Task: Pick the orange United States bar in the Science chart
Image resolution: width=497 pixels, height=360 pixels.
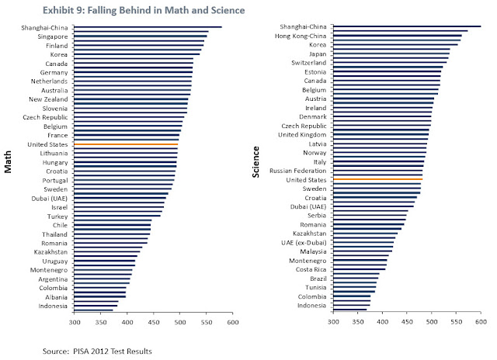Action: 377,179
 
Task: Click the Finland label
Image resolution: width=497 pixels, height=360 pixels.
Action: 54,46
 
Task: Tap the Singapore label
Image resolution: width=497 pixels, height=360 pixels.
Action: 50,36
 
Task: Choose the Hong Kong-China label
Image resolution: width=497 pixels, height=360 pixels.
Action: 301,36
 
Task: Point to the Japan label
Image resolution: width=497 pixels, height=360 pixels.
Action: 317,54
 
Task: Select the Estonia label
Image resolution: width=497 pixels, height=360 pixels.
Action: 314,71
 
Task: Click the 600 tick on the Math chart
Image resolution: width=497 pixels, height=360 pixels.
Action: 232,320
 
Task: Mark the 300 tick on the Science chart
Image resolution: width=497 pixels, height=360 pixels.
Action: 333,320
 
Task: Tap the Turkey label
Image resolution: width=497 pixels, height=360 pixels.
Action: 56,216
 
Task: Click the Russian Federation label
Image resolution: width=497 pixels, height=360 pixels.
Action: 297,170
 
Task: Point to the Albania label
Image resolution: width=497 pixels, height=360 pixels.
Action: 54,296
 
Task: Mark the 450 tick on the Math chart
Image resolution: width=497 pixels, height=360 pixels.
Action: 154,320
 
